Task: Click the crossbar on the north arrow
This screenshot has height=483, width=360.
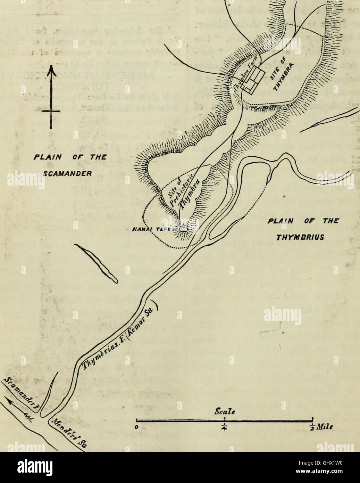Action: pyautogui.click(x=51, y=111)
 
